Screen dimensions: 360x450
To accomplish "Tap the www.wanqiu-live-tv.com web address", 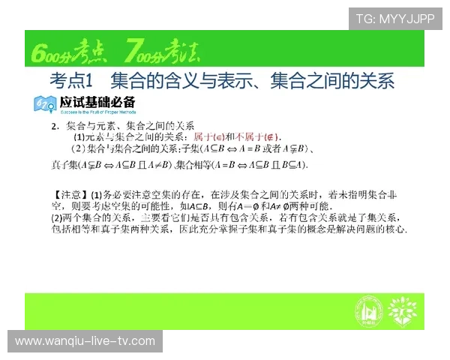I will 85,341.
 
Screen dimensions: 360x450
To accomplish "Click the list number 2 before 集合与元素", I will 55,124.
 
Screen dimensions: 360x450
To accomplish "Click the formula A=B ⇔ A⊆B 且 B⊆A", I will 259,165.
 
